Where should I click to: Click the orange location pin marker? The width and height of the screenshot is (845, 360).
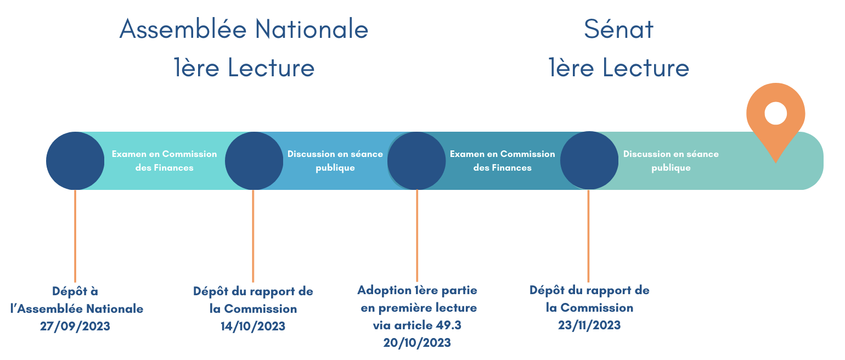[x=776, y=113]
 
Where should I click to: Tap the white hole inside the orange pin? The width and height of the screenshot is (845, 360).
[x=776, y=113]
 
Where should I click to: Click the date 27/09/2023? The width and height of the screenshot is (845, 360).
[x=75, y=326]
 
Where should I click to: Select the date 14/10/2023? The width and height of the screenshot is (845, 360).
[x=253, y=326]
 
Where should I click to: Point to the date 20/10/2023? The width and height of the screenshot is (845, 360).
[x=417, y=342]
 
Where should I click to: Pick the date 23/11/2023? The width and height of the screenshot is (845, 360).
[x=589, y=325]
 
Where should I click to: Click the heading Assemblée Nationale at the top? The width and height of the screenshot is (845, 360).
[x=244, y=29]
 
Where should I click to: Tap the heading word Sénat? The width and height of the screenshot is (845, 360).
[x=619, y=29]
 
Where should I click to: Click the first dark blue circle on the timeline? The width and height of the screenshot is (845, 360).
[x=75, y=161]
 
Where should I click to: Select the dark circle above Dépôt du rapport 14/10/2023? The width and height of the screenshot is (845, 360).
[x=254, y=161]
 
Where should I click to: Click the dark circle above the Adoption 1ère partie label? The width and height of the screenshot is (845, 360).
[x=416, y=161]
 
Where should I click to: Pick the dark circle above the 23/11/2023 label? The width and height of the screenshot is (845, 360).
[x=589, y=160]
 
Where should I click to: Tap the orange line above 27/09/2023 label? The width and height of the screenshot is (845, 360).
[x=75, y=236]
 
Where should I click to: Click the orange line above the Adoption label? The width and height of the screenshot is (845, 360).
[x=417, y=235]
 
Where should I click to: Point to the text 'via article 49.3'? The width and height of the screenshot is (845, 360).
[x=417, y=325]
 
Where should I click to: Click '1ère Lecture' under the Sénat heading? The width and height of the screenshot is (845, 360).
[x=619, y=68]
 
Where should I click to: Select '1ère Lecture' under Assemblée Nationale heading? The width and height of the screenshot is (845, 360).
[x=244, y=68]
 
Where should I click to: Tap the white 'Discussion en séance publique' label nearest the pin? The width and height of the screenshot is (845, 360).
[x=671, y=161]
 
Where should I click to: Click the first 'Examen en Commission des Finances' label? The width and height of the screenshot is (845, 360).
[x=164, y=161]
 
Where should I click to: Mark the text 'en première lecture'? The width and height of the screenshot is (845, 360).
[x=419, y=308]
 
